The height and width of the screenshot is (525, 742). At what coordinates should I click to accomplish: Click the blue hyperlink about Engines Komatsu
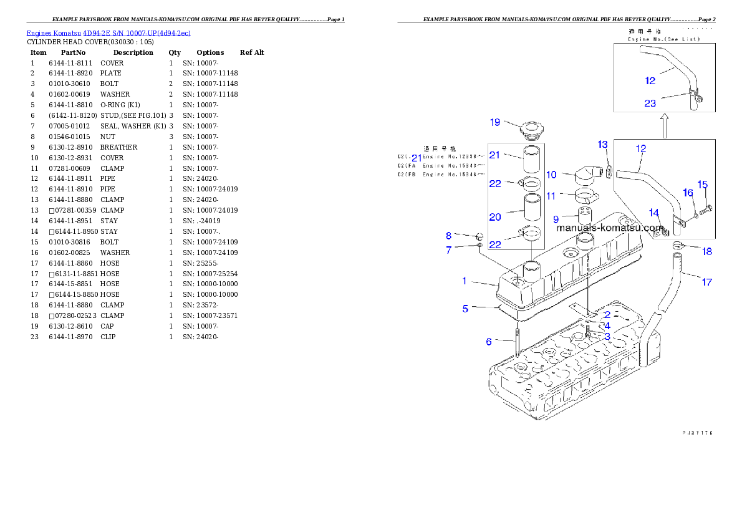(x=108, y=32)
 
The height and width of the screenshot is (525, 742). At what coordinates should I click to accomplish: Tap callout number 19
(x=495, y=122)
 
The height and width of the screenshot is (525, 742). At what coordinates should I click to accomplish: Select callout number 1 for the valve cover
(x=464, y=281)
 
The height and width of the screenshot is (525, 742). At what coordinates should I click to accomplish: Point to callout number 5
(x=465, y=309)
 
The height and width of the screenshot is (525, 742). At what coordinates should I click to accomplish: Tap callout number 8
(x=448, y=236)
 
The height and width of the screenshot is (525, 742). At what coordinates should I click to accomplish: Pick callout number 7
(x=448, y=250)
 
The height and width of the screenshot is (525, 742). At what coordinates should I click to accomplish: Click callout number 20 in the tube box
(x=495, y=217)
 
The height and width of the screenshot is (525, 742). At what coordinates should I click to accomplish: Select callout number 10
(x=552, y=175)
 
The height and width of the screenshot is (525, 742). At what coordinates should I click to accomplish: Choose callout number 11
(x=551, y=196)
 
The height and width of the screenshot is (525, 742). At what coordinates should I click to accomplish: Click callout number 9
(x=556, y=219)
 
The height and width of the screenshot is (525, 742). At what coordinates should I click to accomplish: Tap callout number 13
(x=603, y=145)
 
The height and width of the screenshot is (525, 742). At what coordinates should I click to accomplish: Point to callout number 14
(x=654, y=213)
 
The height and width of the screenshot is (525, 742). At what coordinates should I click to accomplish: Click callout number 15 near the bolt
(x=703, y=185)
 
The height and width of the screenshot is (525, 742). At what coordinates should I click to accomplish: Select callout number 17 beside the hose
(x=706, y=282)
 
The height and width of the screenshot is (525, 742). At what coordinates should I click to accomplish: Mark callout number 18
(x=707, y=252)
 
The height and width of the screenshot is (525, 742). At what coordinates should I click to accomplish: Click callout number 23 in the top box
(x=650, y=104)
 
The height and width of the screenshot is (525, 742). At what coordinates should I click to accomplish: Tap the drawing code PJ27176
(x=697, y=431)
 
